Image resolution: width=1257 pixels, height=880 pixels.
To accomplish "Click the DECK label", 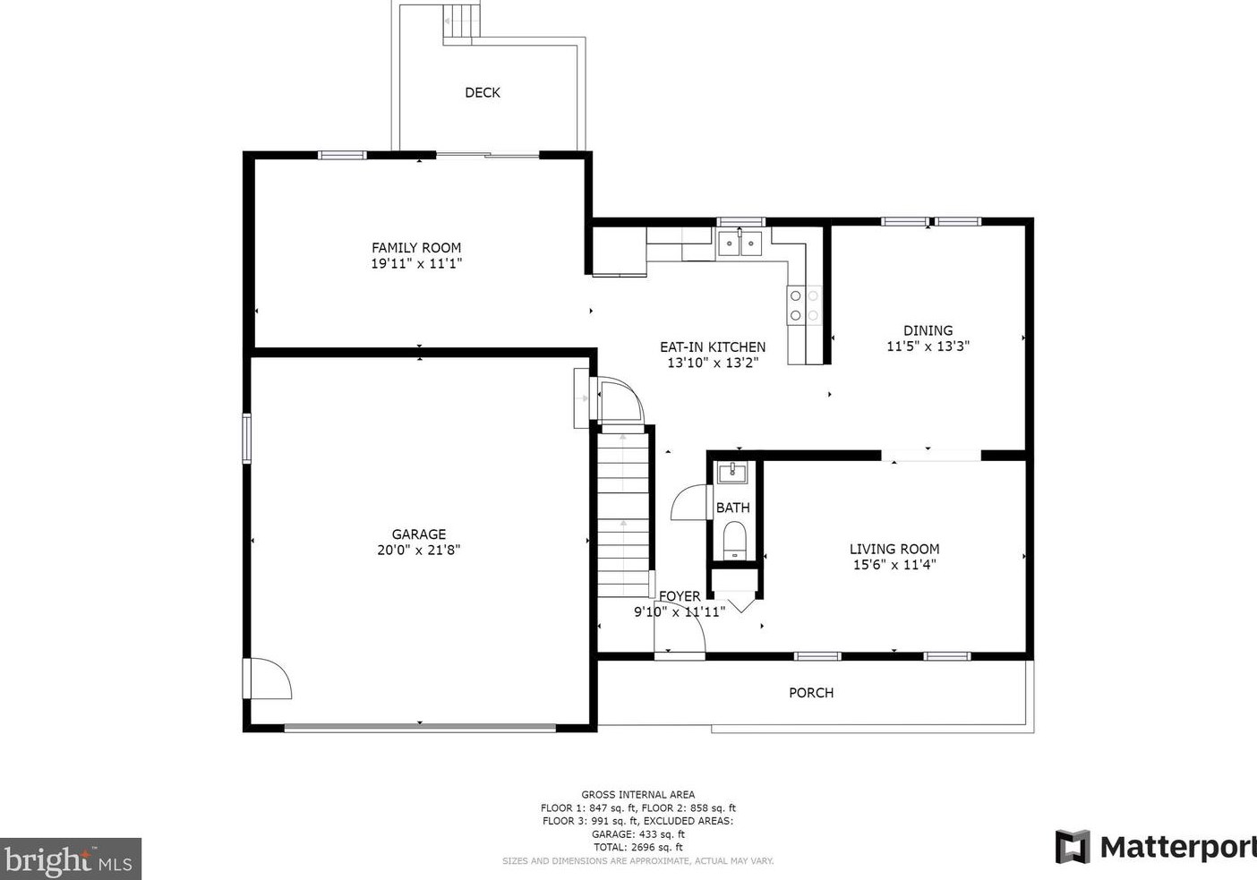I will point(482,92).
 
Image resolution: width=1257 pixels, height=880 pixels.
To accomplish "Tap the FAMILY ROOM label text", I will point(416,248).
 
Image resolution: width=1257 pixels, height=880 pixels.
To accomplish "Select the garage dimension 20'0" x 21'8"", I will point(418,551).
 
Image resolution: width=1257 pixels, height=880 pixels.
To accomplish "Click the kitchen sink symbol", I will point(740,243).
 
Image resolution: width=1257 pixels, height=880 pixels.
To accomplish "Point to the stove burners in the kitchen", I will point(804,305).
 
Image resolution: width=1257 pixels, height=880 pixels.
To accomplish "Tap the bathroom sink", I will point(732,472).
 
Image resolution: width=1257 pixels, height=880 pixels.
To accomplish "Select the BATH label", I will point(732,508).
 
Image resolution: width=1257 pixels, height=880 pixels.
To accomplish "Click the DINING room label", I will point(928,330).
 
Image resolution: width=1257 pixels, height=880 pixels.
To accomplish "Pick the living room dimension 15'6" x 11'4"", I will point(894,565).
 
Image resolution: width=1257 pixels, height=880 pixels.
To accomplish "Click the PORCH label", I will point(810,693).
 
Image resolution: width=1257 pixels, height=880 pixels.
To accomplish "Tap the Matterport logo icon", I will point(1072,847).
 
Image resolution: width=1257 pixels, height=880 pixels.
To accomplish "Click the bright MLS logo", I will point(71,859).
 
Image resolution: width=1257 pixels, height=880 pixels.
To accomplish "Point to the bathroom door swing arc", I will point(689,502).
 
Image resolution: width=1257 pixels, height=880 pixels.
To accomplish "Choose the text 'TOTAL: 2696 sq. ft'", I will point(637,847).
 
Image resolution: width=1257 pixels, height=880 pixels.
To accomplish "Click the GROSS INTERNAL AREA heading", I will point(637,794).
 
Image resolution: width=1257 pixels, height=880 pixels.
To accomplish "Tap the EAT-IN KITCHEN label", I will point(713,347).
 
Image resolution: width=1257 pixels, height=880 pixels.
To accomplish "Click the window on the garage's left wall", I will point(247,438).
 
